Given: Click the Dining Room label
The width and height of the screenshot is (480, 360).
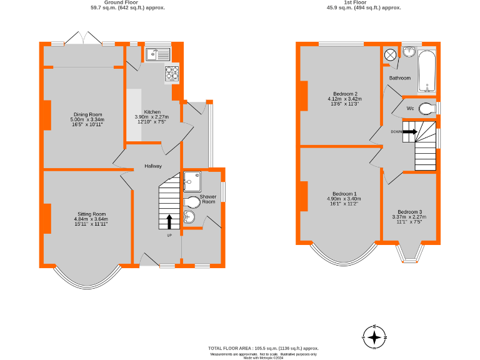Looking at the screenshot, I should (x=88, y=114).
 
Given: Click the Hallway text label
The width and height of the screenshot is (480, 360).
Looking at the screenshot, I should (x=153, y=166).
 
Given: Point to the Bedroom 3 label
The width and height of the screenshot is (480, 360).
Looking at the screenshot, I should (x=409, y=212).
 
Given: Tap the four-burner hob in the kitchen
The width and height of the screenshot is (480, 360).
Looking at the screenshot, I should (x=172, y=74).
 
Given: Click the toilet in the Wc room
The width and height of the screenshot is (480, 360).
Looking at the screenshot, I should (x=427, y=109).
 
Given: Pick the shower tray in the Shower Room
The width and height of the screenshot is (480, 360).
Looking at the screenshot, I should (x=192, y=180).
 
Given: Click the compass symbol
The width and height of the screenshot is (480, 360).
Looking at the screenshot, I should (x=374, y=338).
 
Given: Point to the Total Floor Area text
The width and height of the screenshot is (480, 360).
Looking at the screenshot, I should (x=263, y=348).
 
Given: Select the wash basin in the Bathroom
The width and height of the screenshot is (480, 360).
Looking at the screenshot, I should (x=410, y=51).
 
